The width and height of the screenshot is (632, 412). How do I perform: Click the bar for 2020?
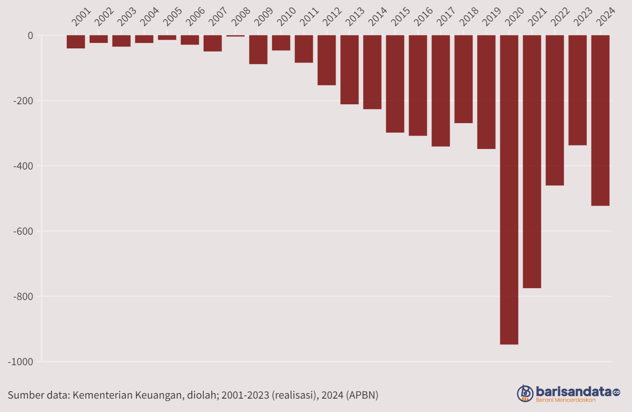click(509, 190)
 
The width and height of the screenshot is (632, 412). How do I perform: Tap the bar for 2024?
click(600, 120)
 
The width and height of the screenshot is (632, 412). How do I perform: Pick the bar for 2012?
click(327, 60)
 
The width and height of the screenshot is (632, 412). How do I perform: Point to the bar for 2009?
click(258, 49)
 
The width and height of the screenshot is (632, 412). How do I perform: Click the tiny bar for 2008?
click(235, 36)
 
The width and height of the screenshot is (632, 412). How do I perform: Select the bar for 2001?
click(76, 41)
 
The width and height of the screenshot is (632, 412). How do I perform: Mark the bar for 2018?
click(463, 79)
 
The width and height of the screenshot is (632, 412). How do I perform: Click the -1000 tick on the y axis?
click(21, 361)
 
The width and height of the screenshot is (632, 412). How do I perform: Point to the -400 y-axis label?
click(23, 166)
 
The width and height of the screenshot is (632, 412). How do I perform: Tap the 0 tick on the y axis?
click(30, 36)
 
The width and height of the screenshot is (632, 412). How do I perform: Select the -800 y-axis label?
click(23, 296)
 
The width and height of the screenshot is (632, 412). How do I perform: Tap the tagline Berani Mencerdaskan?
click(565, 400)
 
